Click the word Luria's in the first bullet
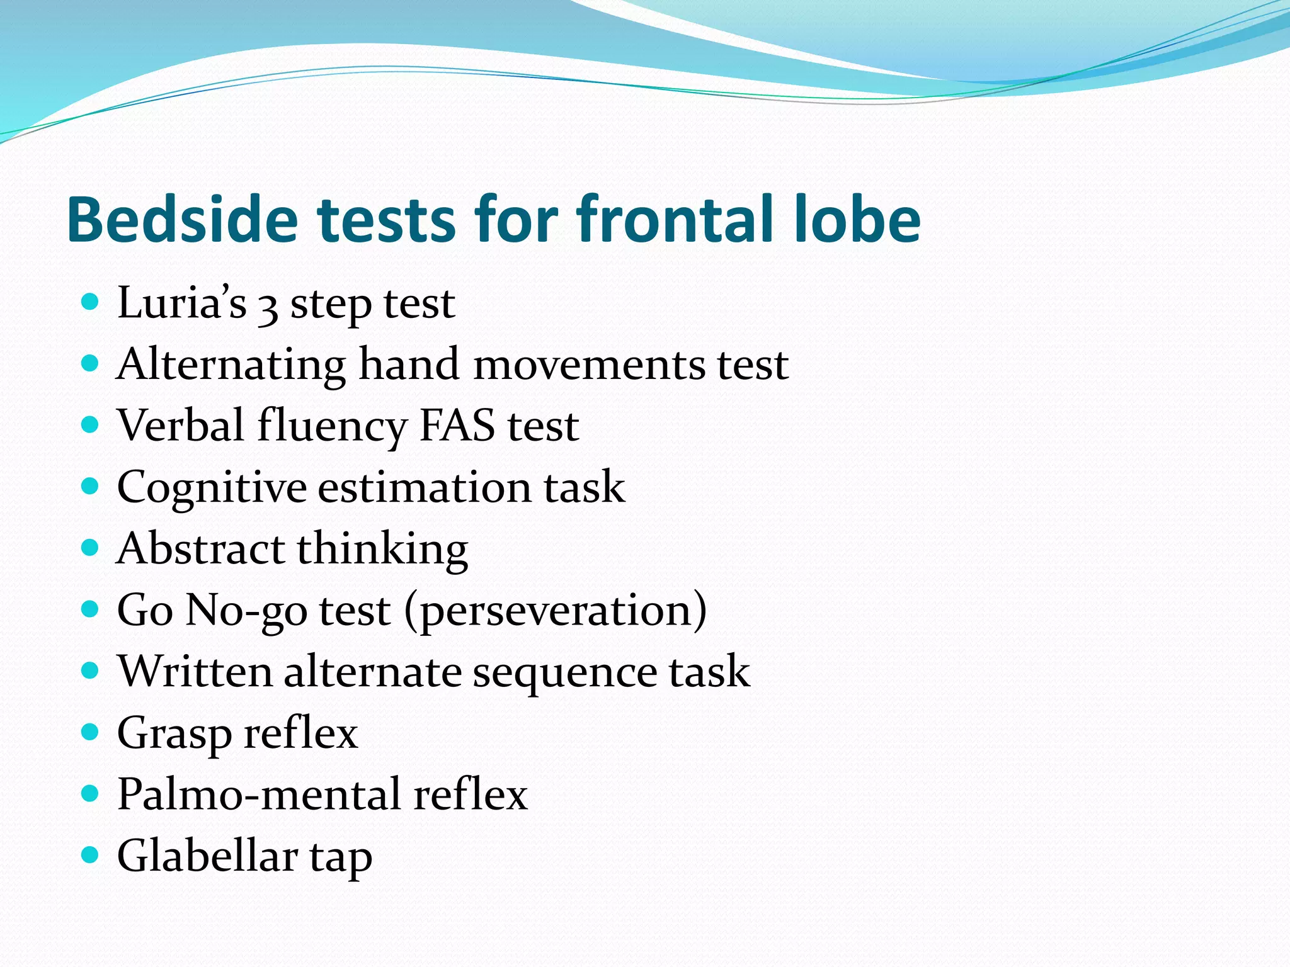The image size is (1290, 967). point(182,303)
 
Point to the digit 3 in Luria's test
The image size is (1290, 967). point(268,307)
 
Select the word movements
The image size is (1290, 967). point(589,365)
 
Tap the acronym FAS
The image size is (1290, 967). point(457,426)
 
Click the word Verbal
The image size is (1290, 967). point(181,426)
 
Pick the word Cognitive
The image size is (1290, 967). point(212,487)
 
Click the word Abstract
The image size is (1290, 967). point(200,548)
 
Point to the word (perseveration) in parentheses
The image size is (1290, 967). point(556,610)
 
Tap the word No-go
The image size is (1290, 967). point(246,610)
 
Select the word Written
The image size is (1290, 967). point(195,671)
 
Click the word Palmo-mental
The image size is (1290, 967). point(259,794)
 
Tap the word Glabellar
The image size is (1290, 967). point(207,856)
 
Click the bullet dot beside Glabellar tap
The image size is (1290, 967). point(91,854)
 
